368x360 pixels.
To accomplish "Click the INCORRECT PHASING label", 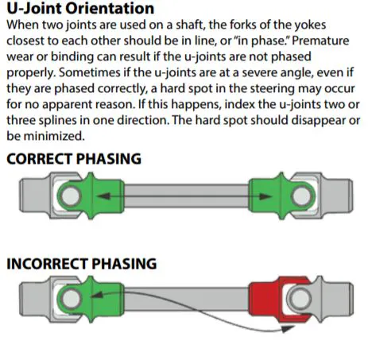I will (x=82, y=263).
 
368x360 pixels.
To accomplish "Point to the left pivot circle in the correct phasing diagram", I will (x=69, y=195).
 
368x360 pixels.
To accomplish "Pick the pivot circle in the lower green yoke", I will (x=69, y=300).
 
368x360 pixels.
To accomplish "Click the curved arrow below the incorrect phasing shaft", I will (x=199, y=322).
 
